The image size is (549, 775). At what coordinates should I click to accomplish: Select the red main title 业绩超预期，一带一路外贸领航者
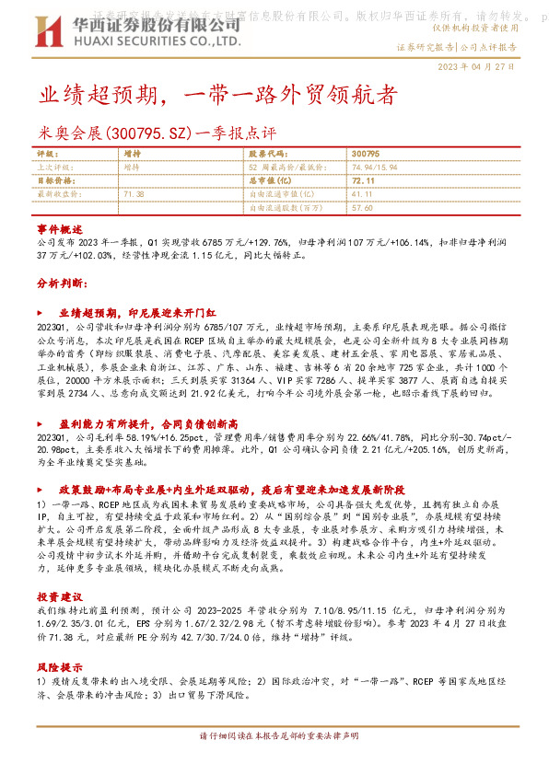pos(217,95)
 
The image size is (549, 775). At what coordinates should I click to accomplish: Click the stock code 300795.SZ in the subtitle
pos(143,134)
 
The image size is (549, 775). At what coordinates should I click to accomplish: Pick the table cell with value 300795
pos(366,154)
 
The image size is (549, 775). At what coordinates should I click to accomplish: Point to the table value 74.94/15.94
pos(376,168)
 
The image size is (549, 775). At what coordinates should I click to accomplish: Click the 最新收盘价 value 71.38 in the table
pos(134,195)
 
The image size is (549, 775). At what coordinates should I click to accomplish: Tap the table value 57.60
pos(362,209)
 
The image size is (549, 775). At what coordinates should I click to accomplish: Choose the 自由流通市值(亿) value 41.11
pos(362,195)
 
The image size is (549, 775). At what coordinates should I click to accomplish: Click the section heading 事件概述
pos(60,227)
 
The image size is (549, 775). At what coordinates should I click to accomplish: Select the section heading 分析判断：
pos(62,283)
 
